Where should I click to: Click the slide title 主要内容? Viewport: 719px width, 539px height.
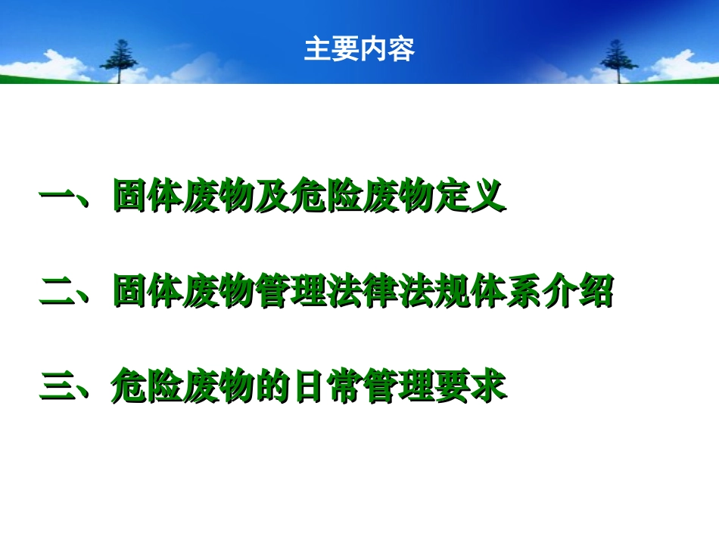click(359, 50)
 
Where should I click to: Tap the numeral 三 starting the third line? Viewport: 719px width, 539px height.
click(57, 386)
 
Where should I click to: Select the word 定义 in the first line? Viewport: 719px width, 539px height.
click(469, 197)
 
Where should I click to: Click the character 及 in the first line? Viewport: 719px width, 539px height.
click(273, 197)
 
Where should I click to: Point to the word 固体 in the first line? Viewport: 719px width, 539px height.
click(148, 197)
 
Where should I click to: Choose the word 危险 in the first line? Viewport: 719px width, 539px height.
click(327, 197)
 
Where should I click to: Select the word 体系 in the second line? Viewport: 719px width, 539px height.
click(506, 292)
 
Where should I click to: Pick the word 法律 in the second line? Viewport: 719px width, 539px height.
click(363, 292)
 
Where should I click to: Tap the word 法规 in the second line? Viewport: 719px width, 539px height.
click(434, 292)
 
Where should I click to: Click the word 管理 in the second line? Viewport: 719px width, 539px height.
click(291, 292)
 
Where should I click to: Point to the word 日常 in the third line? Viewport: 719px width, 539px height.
click(327, 386)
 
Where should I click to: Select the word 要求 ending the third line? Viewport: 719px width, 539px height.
click(469, 386)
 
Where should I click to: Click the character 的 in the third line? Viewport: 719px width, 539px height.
click(273, 386)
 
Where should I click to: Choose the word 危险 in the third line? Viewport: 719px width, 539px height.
click(148, 386)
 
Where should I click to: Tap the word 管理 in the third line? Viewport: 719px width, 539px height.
click(398, 386)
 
